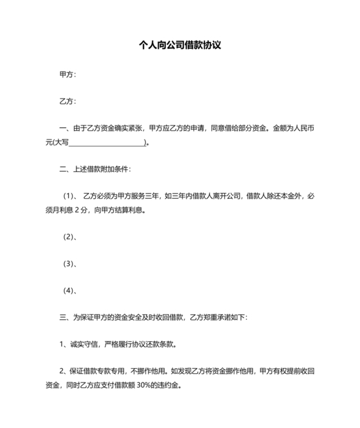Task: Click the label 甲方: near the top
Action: (67, 75)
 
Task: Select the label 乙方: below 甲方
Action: (67, 102)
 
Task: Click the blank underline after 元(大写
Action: (107, 143)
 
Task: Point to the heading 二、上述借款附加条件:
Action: (94, 170)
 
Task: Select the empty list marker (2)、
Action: (70, 237)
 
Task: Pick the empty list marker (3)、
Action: (70, 264)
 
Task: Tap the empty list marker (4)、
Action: (70, 291)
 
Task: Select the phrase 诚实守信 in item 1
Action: (85, 344)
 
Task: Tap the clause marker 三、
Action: (63, 317)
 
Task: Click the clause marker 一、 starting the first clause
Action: (63, 129)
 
